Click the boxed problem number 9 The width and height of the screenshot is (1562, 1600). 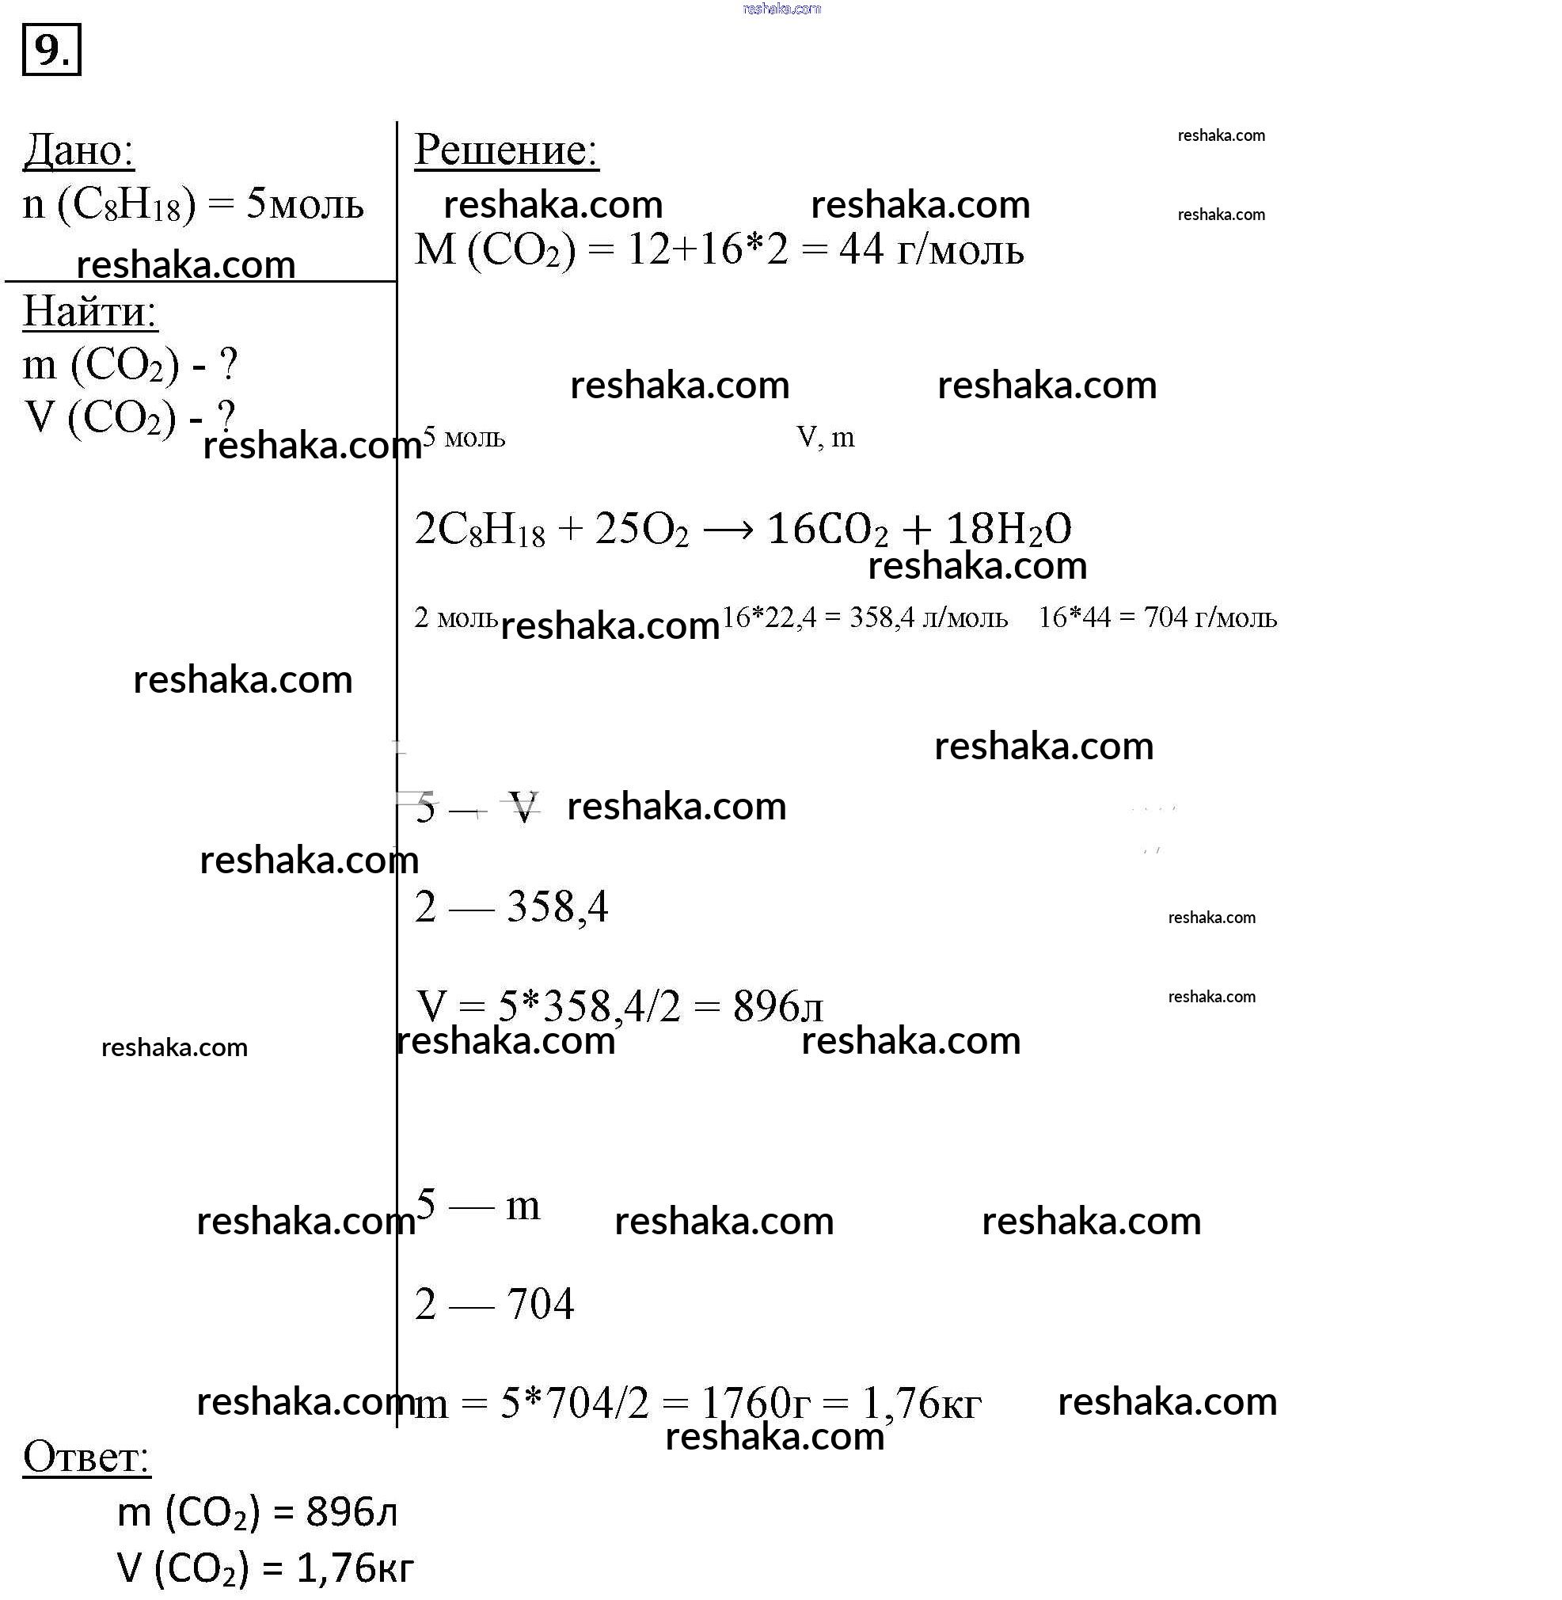click(51, 51)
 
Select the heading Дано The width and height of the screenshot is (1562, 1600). click(78, 150)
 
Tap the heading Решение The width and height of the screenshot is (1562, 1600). click(506, 150)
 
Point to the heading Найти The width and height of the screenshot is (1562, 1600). click(89, 312)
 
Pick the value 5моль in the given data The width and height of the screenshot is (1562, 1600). click(304, 203)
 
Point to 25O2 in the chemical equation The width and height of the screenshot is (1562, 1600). click(641, 529)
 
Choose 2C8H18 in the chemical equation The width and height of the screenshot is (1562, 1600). click(480, 529)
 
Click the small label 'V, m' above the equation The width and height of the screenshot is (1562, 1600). click(825, 437)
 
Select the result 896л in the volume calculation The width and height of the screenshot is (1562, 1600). click(777, 1006)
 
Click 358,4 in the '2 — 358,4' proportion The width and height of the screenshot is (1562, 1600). click(558, 907)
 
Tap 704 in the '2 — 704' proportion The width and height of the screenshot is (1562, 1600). click(541, 1304)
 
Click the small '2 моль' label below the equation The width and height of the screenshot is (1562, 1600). click(455, 617)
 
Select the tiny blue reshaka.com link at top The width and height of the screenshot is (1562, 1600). click(781, 9)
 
